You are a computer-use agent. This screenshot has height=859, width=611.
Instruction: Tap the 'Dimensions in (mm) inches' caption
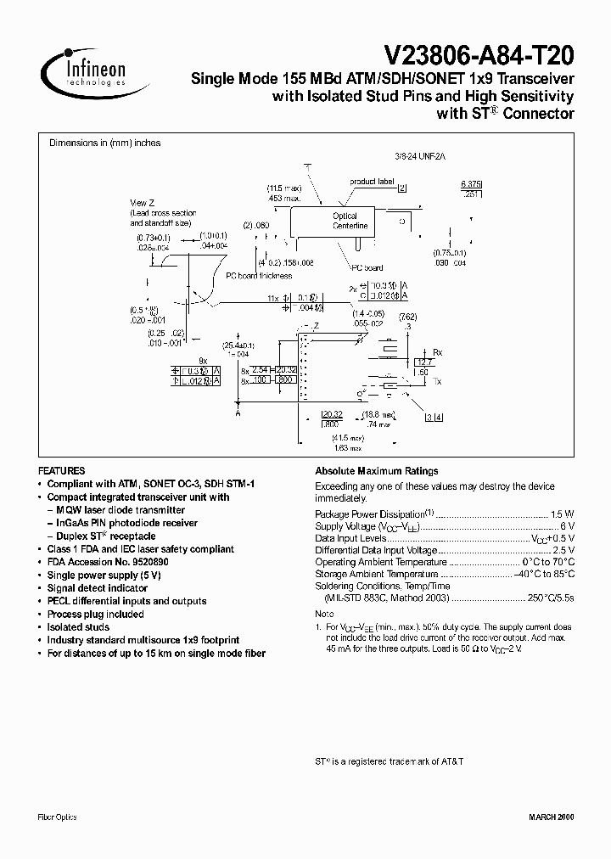104,143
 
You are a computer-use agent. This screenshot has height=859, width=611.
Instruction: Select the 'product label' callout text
372,182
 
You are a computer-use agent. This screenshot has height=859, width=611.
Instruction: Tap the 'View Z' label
141,202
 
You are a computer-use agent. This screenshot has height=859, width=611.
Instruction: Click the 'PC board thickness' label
258,276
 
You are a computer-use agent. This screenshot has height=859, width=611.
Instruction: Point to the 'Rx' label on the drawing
438,351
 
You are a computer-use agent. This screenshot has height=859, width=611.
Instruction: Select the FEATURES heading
61,470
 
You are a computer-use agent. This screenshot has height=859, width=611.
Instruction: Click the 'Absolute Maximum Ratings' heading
376,471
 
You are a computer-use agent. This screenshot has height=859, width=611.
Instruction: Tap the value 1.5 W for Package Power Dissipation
563,514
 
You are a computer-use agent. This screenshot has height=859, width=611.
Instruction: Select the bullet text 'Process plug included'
95,614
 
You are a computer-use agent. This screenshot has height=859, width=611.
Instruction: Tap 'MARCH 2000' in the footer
552,817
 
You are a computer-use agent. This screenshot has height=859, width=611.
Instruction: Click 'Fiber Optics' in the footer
58,817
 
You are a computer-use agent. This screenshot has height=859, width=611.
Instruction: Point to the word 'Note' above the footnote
324,613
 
